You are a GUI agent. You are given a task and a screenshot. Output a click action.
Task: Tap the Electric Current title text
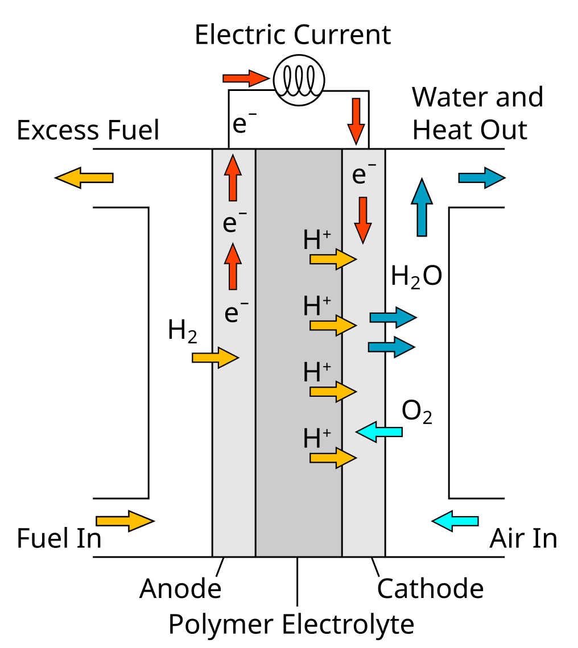tap(292, 35)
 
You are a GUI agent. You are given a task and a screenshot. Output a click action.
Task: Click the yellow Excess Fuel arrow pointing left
tap(84, 177)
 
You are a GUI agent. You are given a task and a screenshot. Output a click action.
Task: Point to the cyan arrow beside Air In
tap(455, 520)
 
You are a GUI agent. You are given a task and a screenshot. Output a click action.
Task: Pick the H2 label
tap(183, 331)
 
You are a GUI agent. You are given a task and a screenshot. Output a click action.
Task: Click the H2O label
tap(416, 277)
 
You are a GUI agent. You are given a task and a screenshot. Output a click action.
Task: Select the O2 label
tap(416, 412)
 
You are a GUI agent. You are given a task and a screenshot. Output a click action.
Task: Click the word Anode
tap(180, 588)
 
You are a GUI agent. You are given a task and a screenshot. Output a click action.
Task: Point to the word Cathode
tap(430, 588)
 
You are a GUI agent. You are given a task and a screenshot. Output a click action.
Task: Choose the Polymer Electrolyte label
tap(291, 624)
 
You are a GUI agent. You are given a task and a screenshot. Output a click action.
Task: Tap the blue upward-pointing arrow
tap(422, 207)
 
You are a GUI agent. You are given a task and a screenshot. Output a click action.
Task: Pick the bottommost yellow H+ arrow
tap(333, 457)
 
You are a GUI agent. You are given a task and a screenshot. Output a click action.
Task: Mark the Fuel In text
tap(59, 538)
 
